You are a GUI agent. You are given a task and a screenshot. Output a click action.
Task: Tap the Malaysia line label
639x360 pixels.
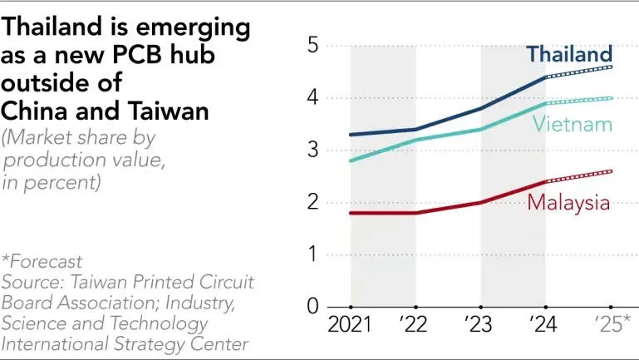click(x=568, y=202)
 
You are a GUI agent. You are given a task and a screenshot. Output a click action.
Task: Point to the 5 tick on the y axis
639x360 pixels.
click(x=312, y=46)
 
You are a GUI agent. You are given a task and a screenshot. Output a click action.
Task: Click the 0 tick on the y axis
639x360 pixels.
click(x=312, y=307)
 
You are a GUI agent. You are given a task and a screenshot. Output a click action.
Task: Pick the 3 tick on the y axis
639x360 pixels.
click(x=312, y=150)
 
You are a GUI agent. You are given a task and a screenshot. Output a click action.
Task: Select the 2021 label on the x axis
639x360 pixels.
click(x=351, y=324)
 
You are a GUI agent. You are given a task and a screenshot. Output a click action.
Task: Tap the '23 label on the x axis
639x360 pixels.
click(x=481, y=324)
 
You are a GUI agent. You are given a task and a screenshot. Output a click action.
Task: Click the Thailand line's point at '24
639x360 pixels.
click(x=546, y=77)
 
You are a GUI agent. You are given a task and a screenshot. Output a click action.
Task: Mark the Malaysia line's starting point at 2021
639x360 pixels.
click(x=351, y=213)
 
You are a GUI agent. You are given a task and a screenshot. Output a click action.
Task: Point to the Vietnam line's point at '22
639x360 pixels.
click(x=416, y=140)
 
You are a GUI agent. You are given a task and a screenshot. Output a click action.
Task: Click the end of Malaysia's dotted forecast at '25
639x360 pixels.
click(x=611, y=171)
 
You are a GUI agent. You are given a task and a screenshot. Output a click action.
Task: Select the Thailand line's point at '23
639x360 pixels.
click(x=481, y=108)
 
